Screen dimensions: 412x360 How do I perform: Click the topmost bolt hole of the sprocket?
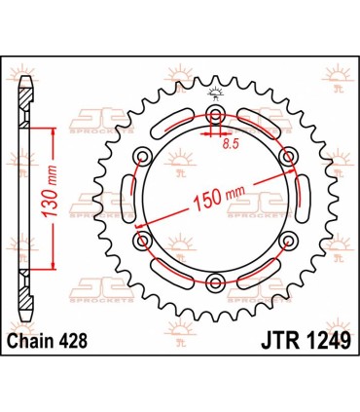point(215,114)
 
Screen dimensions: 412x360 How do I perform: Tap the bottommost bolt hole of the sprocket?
point(215,280)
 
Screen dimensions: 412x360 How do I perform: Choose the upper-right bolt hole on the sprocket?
point(286,156)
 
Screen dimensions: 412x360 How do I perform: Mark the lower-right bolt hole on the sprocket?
point(286,239)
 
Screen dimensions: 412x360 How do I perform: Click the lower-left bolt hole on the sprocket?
point(143,239)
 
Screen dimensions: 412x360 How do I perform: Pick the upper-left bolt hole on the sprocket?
point(143,156)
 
